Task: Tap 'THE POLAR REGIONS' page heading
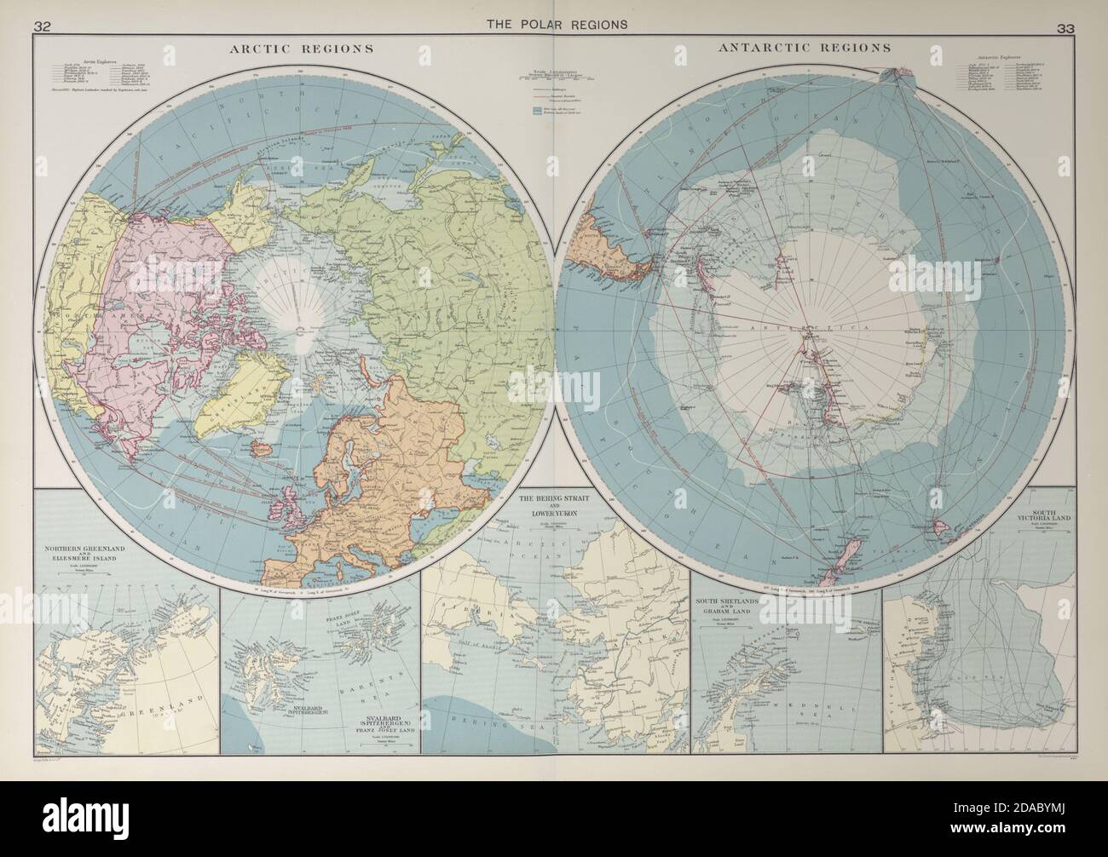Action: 557,24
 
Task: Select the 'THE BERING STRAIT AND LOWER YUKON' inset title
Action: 554,503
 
